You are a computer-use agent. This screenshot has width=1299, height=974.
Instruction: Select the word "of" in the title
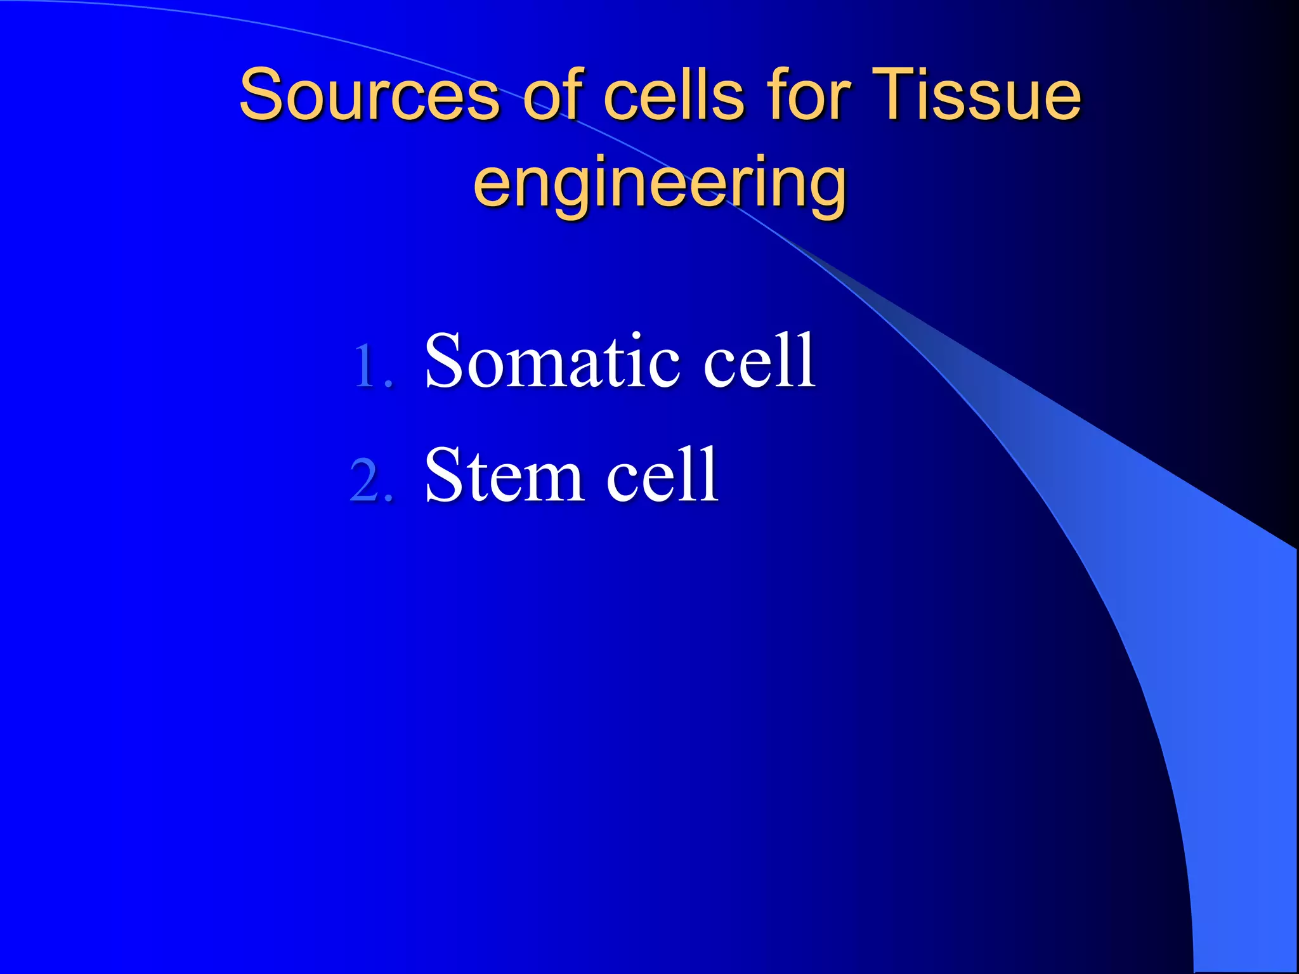[x=552, y=95]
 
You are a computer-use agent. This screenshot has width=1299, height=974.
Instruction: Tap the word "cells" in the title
[x=673, y=95]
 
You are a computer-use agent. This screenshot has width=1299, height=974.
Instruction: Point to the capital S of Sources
[x=261, y=95]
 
